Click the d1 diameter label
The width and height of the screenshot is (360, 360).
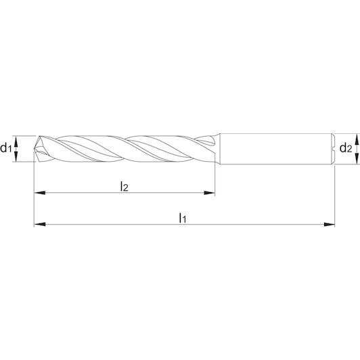tap(5, 148)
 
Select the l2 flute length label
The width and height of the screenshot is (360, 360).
tap(125, 186)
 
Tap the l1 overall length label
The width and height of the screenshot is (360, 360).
tap(183, 218)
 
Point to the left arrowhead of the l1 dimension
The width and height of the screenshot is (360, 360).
tap(39, 224)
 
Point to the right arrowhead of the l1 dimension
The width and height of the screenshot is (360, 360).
tap(330, 224)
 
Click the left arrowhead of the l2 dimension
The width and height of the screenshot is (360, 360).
tap(39, 193)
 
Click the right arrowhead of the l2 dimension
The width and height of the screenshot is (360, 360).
tap(209, 193)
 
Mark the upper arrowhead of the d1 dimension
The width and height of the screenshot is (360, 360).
tap(16, 141)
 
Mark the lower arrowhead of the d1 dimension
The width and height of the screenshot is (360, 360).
tap(16, 156)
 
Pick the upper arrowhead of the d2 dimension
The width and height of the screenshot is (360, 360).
tap(357, 139)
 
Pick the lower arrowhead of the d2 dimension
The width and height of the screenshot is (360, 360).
tap(357, 158)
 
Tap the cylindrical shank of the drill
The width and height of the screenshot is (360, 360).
tap(276, 149)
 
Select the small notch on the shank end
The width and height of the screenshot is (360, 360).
tap(333, 149)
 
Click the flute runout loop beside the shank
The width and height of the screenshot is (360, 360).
tap(206, 141)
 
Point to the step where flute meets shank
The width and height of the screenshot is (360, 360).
tap(218, 149)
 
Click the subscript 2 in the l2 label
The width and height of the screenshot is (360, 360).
tap(126, 188)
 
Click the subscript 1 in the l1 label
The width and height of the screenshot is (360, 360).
tap(184, 220)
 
